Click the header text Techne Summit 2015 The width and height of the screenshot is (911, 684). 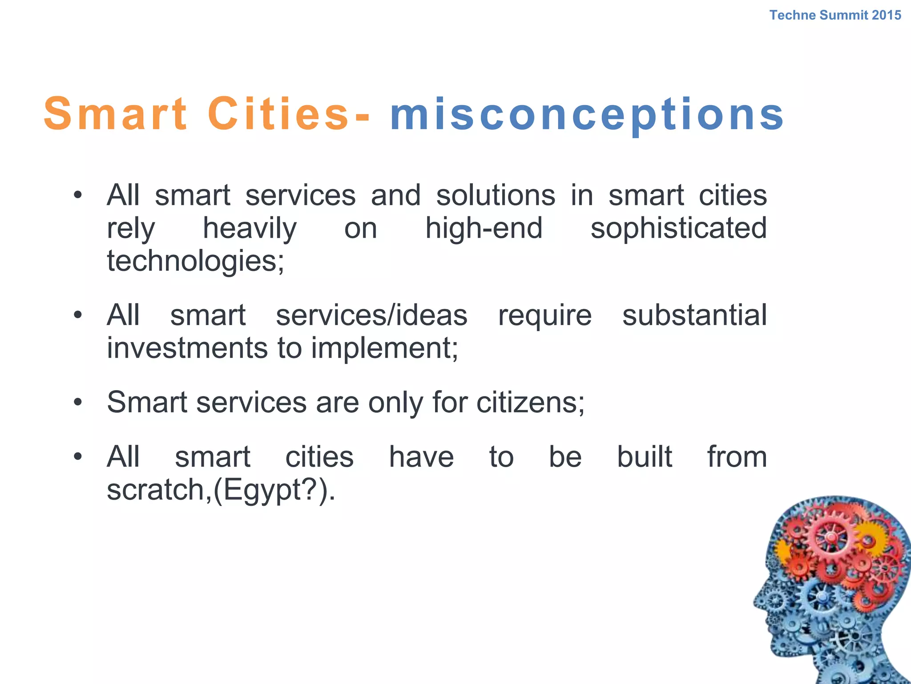click(835, 15)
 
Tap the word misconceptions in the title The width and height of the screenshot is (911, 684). click(587, 115)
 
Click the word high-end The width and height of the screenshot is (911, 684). click(484, 228)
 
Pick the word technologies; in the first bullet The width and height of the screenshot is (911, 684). click(195, 261)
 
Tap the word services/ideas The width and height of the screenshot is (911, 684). click(371, 315)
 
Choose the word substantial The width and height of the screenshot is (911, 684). click(694, 315)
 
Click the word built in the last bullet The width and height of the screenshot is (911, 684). click(644, 457)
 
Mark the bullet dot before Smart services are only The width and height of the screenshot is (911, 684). click(78, 403)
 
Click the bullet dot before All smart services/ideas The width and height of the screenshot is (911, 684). click(78, 316)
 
